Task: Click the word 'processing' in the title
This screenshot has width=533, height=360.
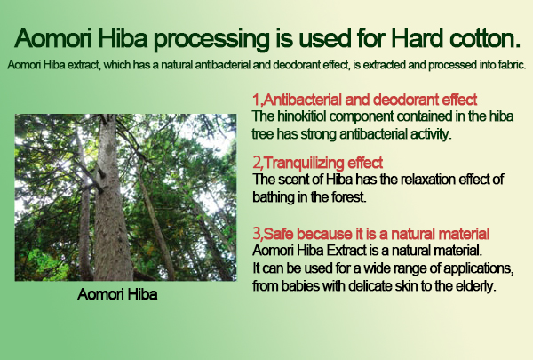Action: click(x=211, y=39)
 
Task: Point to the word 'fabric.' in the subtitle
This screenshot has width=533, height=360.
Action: click(x=513, y=64)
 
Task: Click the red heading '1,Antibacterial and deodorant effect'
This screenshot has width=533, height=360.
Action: click(x=365, y=100)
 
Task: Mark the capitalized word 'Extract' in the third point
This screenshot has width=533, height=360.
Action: click(x=346, y=251)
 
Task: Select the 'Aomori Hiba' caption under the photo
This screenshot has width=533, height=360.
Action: click(x=117, y=294)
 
